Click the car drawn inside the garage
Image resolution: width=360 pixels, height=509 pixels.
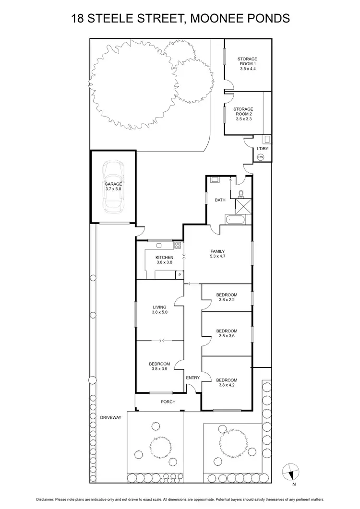click(x=113, y=187)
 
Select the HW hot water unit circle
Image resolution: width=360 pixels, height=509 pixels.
click(x=261, y=157)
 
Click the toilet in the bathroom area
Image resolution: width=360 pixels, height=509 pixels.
click(x=241, y=193)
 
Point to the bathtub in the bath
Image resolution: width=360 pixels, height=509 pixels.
click(x=235, y=220)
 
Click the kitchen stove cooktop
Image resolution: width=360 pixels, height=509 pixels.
click(x=177, y=246)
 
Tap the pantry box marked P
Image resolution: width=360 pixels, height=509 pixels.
click(x=180, y=275)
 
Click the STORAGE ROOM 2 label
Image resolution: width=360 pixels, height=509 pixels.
click(x=243, y=114)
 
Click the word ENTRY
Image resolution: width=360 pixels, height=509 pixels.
click(x=192, y=378)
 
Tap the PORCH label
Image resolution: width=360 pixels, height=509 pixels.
click(x=168, y=402)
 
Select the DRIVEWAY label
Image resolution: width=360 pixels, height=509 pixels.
click(x=111, y=417)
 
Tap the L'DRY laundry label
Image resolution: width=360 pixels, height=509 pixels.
click(x=262, y=149)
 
